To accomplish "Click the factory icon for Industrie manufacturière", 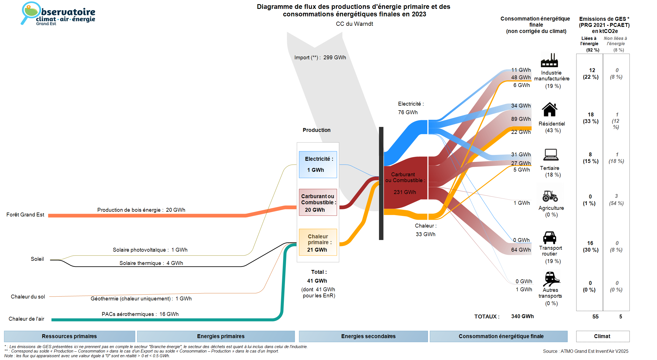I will (x=549, y=60).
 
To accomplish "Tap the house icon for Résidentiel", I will (x=549, y=109).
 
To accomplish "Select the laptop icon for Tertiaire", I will (x=551, y=155).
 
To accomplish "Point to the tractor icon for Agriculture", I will (x=550, y=196).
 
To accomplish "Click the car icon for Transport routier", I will (x=549, y=238).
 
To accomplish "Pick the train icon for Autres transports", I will (x=551, y=279).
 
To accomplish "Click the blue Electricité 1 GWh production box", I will (x=318, y=164).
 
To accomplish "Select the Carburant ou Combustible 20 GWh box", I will (x=318, y=202).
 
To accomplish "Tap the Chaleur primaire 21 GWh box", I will (x=318, y=242).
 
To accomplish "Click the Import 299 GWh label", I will (x=320, y=58).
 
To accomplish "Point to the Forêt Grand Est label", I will (x=25, y=215).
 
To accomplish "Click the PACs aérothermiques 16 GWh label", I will (x=140, y=314).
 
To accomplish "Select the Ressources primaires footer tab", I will (x=69, y=336).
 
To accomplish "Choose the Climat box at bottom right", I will (x=602, y=336).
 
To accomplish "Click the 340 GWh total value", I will (x=522, y=316).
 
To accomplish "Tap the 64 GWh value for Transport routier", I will (x=521, y=250).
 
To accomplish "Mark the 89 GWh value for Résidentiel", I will (x=521, y=119).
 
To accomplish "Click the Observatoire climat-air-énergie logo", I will (x=58, y=14).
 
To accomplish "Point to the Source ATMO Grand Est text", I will (x=585, y=351).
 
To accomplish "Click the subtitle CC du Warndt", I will (x=354, y=24).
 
